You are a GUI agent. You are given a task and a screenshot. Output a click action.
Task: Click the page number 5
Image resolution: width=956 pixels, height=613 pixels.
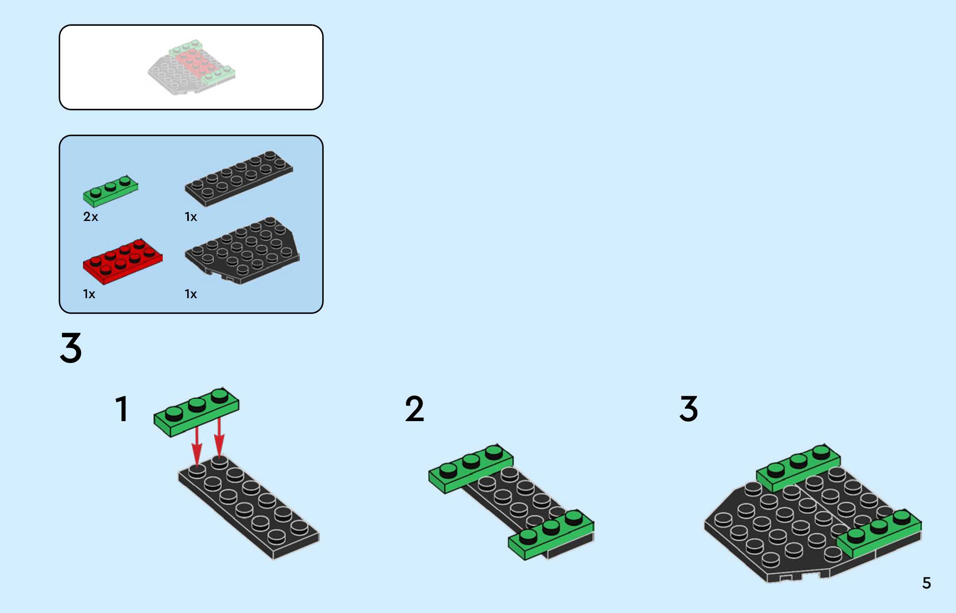click(x=927, y=583)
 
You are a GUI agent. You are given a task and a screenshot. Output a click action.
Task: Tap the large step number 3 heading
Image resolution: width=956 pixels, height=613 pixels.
click(x=71, y=348)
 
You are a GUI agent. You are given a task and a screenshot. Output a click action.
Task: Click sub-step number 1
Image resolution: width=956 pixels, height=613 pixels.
click(x=122, y=409)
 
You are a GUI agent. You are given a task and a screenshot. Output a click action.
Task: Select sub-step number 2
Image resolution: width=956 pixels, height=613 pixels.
click(x=414, y=409)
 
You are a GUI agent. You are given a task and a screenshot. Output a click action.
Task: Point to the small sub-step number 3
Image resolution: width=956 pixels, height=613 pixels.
click(x=689, y=409)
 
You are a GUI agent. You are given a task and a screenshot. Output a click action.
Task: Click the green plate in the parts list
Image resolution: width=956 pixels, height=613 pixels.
click(x=110, y=191)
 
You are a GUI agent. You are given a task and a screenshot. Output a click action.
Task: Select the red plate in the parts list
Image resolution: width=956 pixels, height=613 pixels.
click(x=122, y=261)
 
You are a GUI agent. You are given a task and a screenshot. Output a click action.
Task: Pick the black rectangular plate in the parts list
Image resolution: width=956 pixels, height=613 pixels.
click(x=239, y=179)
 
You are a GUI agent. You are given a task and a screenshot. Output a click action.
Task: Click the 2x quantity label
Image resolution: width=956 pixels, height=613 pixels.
click(x=90, y=217)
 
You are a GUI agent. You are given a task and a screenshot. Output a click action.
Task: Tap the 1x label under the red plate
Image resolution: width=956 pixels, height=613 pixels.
click(x=89, y=294)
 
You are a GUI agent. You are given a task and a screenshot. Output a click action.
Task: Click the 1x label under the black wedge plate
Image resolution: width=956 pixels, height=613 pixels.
click(x=191, y=294)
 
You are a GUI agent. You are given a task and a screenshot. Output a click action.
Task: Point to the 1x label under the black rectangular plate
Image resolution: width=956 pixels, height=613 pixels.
click(x=191, y=217)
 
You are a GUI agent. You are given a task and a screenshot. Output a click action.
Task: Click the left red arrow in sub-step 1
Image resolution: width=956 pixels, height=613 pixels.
click(x=197, y=446)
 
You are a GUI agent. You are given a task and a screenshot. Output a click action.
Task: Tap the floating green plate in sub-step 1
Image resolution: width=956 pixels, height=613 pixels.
click(x=196, y=412)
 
